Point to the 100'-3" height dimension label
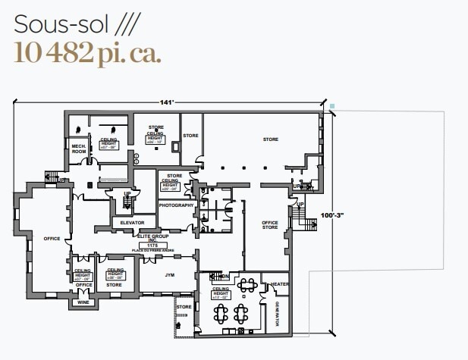[x=332, y=215]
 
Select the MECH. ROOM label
[x=78, y=148]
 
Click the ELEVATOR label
[x=132, y=222]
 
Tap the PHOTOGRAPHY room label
[x=177, y=205]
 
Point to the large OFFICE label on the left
[x=51, y=239]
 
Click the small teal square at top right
[x=331, y=105]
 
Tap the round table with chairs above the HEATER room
[x=247, y=285]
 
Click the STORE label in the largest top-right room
[x=270, y=139]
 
